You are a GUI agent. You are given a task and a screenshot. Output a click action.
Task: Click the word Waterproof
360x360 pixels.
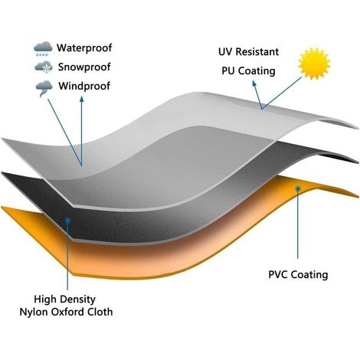pos(84,47)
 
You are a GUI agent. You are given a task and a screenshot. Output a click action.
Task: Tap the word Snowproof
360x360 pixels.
pos(84,67)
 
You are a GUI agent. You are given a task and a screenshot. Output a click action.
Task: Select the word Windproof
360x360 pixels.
pos(84,86)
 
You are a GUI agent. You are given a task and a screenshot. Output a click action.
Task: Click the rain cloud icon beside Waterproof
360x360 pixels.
pos(43,48)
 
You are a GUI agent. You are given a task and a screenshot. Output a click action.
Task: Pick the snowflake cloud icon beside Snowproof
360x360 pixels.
pos(44,67)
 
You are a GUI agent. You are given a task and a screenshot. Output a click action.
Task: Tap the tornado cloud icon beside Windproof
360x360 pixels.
pos(44,88)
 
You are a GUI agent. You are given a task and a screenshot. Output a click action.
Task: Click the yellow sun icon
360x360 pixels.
pos(314,63)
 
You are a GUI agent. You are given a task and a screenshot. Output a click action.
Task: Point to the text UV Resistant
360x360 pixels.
pos(248,52)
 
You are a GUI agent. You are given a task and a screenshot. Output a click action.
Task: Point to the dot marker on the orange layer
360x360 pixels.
pos(298,188)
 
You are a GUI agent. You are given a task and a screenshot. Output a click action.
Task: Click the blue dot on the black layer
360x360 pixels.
pos(67,220)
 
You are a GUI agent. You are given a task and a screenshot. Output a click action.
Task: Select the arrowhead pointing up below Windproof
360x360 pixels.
pos(81,99)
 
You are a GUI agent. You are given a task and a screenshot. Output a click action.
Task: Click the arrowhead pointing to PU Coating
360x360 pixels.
pos(254,83)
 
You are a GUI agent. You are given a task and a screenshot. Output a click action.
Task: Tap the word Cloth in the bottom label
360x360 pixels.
pos(100,312)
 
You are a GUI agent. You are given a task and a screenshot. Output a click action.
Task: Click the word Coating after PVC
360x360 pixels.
pos(309,275)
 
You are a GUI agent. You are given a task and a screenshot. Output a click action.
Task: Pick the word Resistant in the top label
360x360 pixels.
pos(257,52)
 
